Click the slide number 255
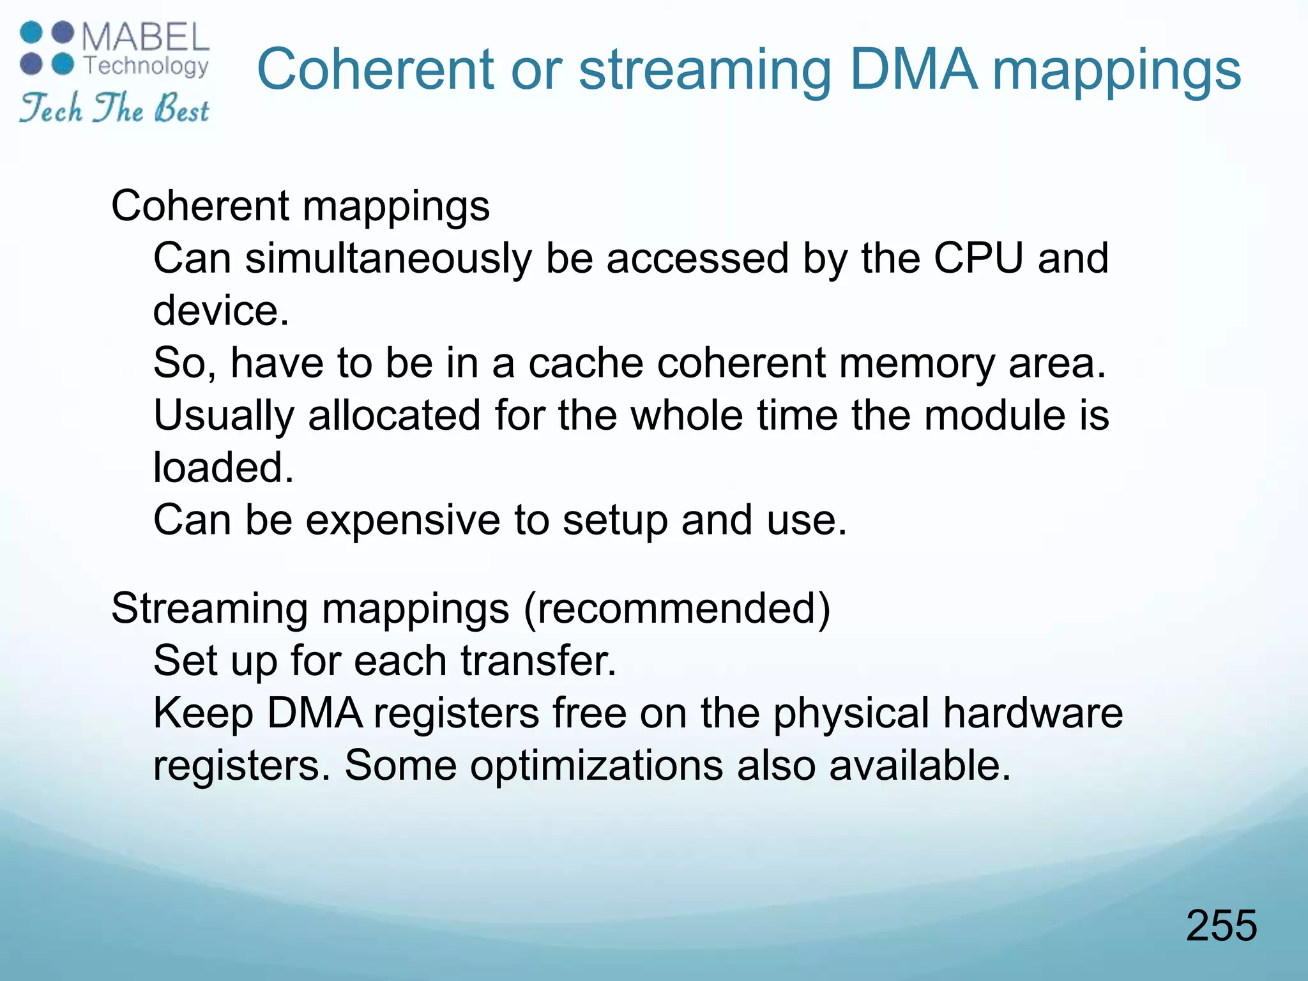[x=1221, y=925]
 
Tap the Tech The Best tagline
[x=114, y=108]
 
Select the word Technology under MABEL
[x=146, y=66]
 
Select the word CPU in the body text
[x=978, y=258]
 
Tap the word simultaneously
[x=388, y=259]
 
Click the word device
[x=221, y=310]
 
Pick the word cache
[x=587, y=363]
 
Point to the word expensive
[x=403, y=520]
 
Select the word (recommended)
[x=677, y=608]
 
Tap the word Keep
[x=203, y=714]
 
